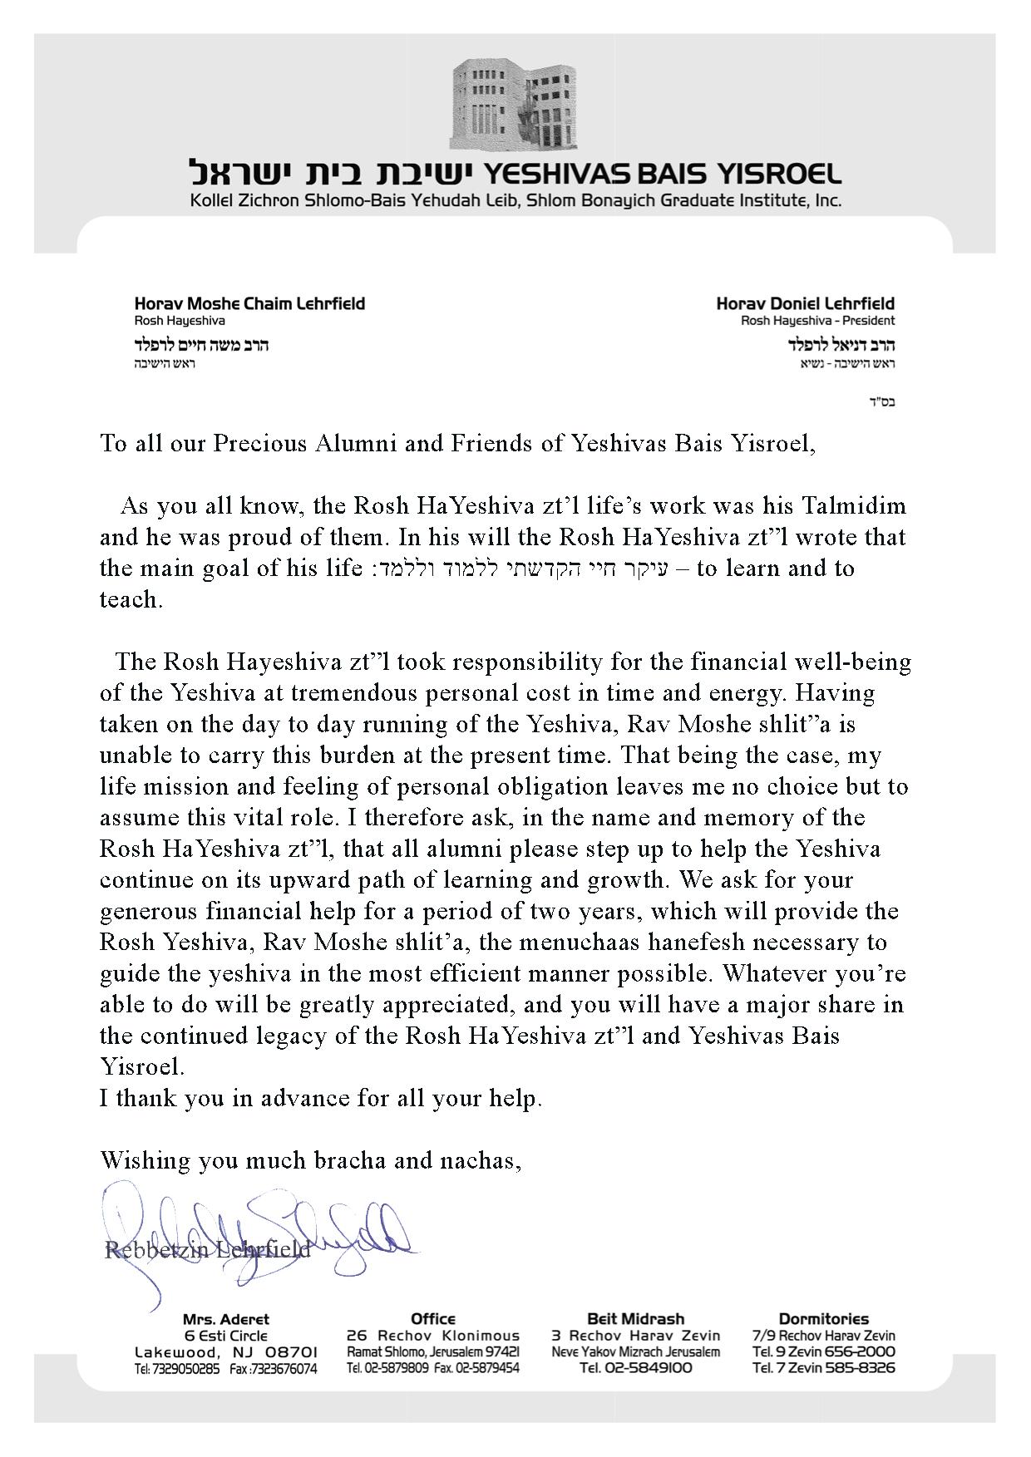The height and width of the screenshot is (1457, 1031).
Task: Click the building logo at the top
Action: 515,105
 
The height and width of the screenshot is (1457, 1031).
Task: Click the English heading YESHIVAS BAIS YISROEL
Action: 662,174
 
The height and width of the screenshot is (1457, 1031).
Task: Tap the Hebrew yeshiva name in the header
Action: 332,174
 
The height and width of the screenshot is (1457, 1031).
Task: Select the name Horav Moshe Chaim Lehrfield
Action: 249,303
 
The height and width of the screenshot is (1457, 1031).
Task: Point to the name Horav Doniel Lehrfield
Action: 805,303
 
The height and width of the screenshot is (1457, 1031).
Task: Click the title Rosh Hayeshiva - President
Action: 818,321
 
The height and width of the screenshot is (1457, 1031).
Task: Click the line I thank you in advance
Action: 321,1099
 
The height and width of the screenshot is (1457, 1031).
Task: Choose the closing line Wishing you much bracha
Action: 310,1160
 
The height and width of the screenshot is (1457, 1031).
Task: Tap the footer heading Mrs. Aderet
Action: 225,1319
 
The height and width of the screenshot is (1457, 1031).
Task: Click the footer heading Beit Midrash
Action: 635,1318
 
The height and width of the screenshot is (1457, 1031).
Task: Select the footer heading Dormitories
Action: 823,1318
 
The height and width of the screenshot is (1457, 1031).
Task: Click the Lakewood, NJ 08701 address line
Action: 225,1352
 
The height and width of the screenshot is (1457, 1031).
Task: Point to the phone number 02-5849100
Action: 635,1369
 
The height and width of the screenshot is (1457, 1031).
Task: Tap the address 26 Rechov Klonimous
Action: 432,1336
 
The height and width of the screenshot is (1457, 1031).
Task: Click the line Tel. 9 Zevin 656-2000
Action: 823,1352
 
